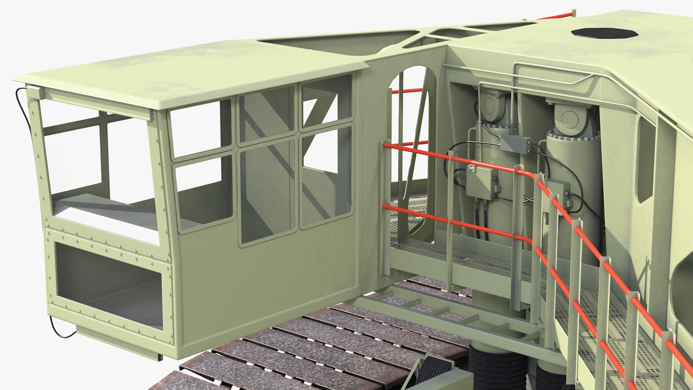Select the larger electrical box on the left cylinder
click(x=481, y=182)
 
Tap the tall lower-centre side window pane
click(x=267, y=191)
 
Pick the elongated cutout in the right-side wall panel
click(x=646, y=159)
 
